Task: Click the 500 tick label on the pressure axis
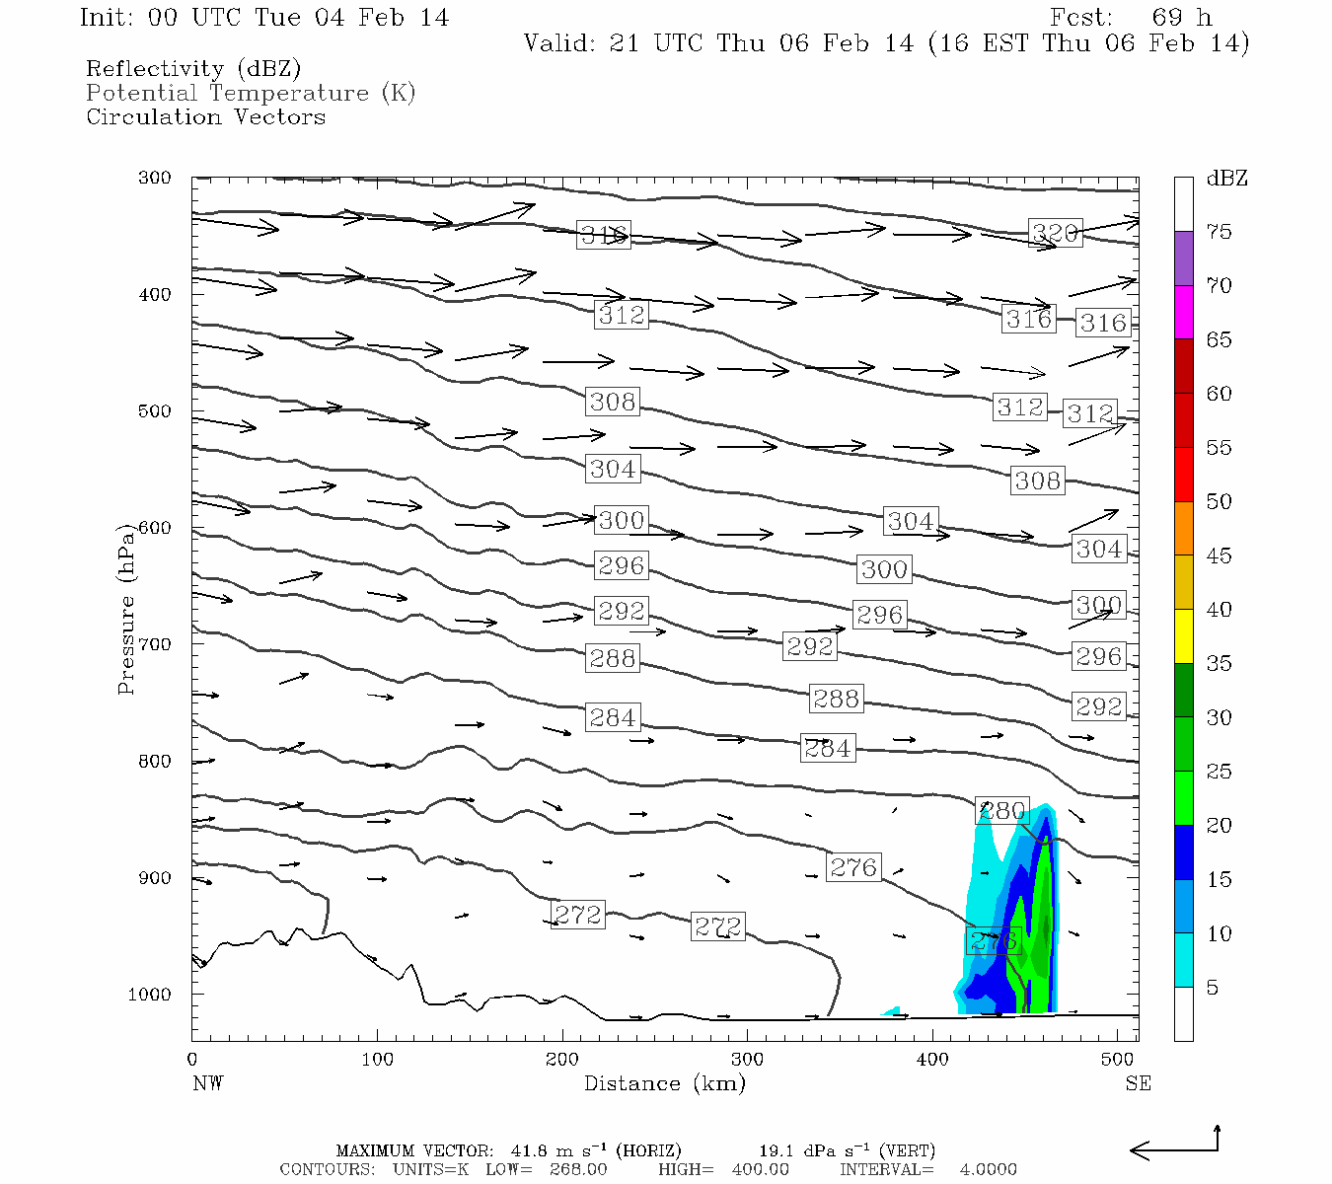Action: point(155,411)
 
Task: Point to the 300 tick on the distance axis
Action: point(747,1060)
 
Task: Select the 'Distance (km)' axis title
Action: point(664,1083)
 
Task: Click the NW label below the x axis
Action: point(207,1083)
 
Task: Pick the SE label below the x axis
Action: point(1138,1083)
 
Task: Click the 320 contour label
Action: point(1055,233)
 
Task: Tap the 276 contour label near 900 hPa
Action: point(853,867)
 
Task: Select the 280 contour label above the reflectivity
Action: point(1002,810)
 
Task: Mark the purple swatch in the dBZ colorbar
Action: point(1183,259)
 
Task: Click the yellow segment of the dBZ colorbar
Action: point(1183,636)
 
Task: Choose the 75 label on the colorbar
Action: point(1220,232)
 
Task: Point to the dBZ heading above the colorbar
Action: point(1227,179)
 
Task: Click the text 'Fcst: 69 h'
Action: point(1131,18)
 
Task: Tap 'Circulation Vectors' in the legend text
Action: point(205,117)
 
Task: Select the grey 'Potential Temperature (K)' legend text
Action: point(251,94)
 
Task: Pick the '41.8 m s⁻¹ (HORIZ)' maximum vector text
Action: point(596,1150)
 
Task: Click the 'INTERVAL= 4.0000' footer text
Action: point(927,1169)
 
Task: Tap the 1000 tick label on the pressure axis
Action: point(150,995)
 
